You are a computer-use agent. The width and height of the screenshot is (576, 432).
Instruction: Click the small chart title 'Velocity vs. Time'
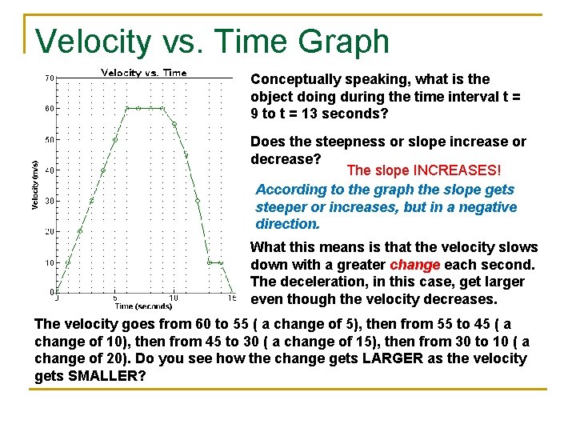coord(143,73)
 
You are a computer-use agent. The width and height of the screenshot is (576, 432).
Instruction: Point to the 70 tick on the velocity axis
coord(50,78)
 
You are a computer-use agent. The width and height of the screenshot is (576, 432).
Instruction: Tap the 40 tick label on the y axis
coord(50,170)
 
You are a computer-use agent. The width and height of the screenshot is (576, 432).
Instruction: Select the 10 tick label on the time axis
coord(174,298)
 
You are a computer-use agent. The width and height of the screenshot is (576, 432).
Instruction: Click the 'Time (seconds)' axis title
coord(143,306)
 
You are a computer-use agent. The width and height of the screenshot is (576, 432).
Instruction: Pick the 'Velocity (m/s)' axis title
coord(35,186)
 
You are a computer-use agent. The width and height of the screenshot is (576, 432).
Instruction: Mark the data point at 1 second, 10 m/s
coord(68,262)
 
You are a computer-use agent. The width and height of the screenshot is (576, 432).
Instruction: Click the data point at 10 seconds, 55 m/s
coord(174,124)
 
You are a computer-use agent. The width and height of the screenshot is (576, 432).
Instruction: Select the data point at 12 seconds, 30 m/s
coord(197,201)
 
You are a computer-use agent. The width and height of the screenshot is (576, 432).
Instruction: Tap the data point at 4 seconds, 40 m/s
coord(103,170)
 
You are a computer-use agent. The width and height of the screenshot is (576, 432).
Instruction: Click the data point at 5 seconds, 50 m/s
coord(115,139)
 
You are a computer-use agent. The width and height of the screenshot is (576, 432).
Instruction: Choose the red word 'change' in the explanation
coord(414,265)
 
